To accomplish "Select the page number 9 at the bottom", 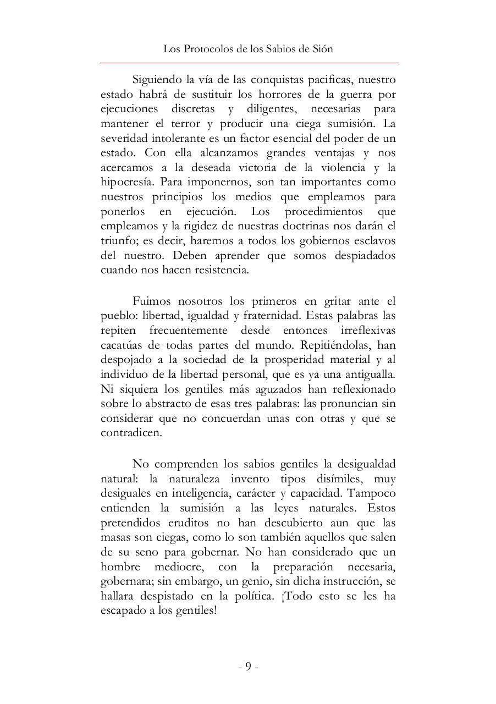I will [248, 667].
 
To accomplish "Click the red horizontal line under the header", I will [249, 63].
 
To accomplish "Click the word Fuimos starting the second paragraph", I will [151, 301].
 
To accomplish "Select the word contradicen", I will [131, 433].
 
